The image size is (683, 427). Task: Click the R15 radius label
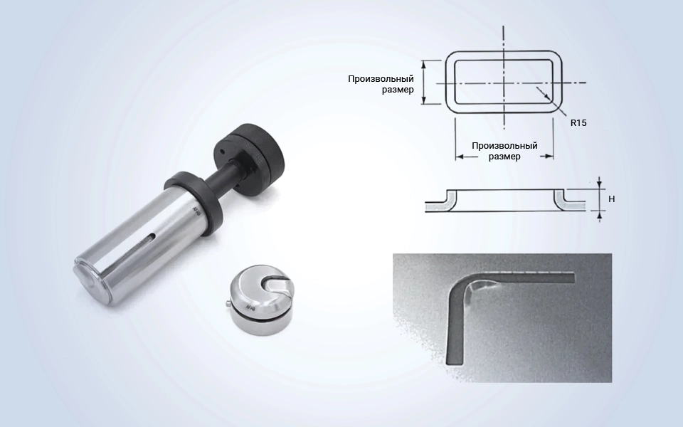click(x=578, y=123)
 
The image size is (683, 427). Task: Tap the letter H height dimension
click(x=612, y=199)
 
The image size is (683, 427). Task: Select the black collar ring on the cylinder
click(x=194, y=201)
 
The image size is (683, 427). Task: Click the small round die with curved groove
click(x=263, y=301)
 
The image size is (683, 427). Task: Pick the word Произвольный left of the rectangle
click(x=381, y=79)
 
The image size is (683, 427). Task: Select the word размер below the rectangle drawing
click(x=504, y=157)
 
